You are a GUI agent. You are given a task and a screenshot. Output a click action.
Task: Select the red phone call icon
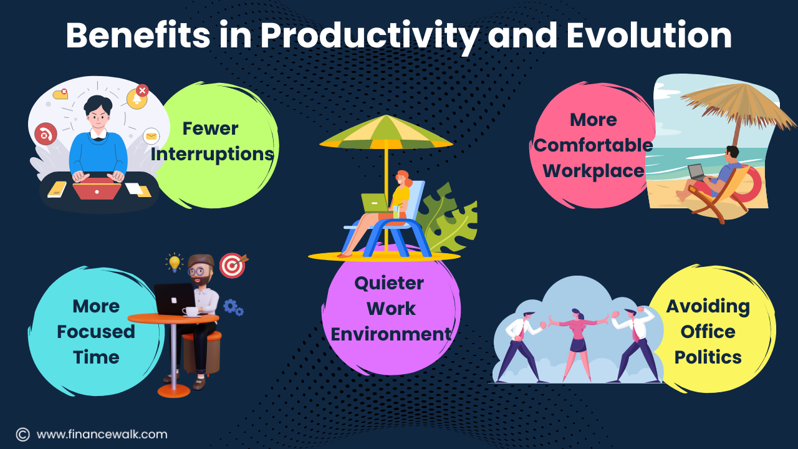point(46,134)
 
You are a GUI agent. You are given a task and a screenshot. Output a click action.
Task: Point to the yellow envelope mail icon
point(151,136)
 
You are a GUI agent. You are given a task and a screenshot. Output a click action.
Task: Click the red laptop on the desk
point(97,188)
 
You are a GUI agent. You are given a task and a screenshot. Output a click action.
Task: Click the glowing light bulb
point(174,263)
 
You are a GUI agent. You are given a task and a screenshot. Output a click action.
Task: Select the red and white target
point(233,265)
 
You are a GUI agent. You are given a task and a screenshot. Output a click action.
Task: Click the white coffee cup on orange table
point(191,312)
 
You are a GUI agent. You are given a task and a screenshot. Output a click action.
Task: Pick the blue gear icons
point(233,307)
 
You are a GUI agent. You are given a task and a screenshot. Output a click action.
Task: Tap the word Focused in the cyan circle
point(96,332)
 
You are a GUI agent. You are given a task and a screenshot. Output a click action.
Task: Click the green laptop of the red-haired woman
point(375,203)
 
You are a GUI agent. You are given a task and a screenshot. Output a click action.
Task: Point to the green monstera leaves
point(448,218)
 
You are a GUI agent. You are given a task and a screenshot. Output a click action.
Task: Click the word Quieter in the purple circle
point(389,284)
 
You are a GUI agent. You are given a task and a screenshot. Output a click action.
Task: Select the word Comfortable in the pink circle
point(593,145)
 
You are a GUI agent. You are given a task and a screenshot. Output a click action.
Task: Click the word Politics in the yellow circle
point(708,357)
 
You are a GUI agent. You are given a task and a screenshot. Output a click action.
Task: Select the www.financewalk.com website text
point(102,435)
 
